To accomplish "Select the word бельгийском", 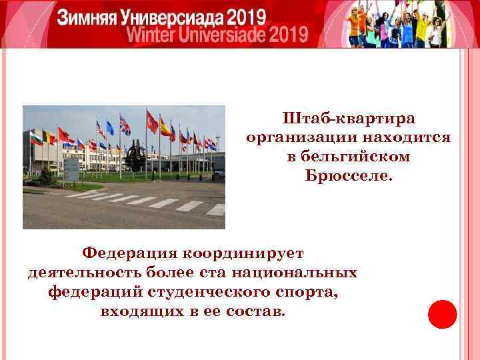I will pos(349,157).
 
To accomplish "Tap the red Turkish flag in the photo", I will pos(153,123).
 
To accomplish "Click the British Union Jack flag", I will pos(125,125).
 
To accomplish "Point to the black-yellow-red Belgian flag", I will pos(47,137).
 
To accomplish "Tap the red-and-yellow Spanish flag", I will pos(165,126).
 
